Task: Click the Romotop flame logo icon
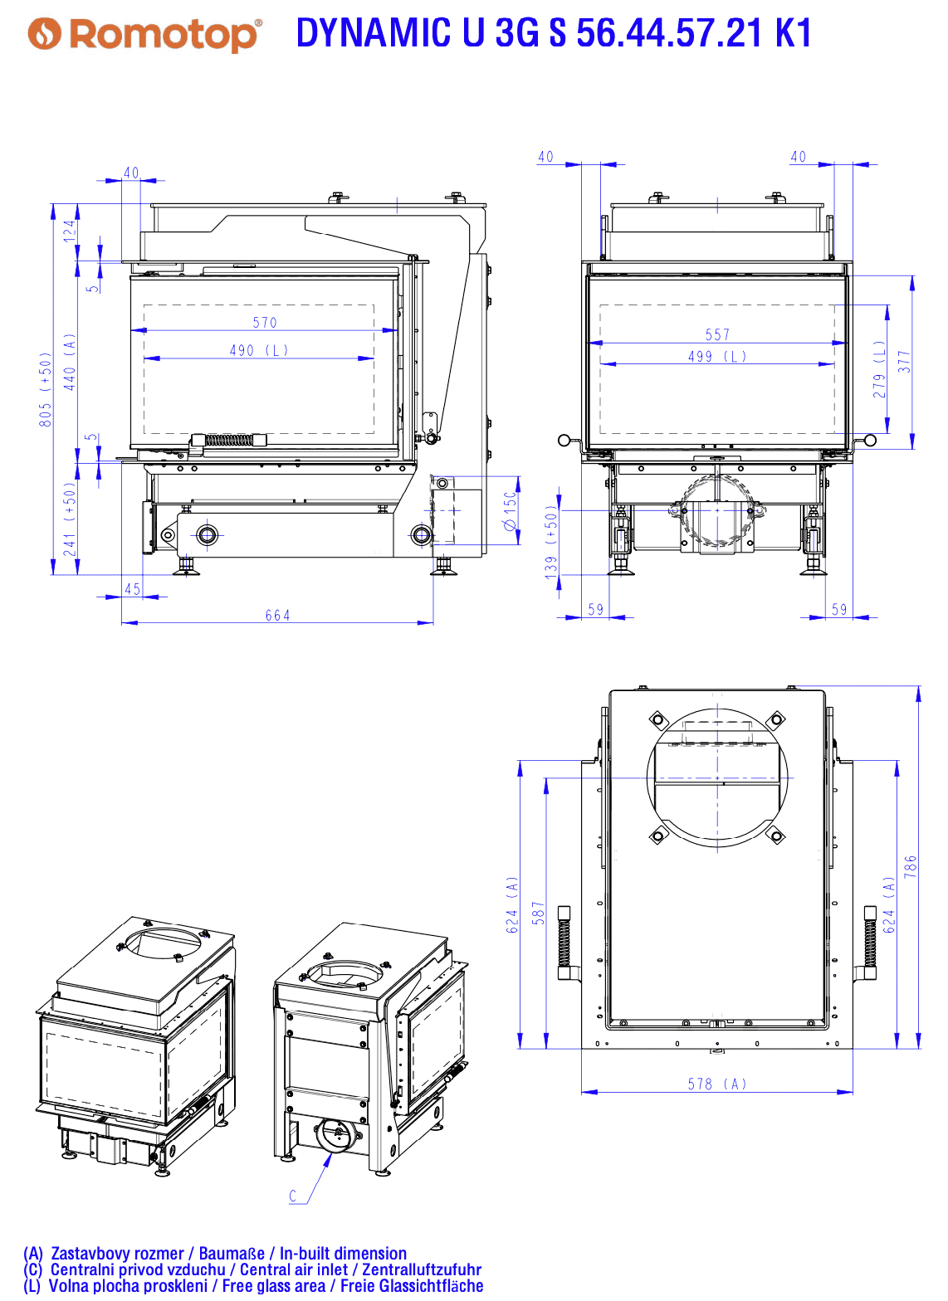[x=44, y=34]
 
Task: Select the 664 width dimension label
[x=277, y=615]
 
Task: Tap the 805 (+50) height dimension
[x=46, y=389]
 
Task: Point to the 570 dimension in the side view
[x=265, y=322]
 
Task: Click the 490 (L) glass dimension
[x=259, y=350]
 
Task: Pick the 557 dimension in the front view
[x=717, y=334]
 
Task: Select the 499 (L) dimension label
[x=717, y=357]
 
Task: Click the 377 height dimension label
[x=904, y=361]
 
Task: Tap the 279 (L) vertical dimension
[x=879, y=369]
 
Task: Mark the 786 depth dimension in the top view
[x=910, y=866]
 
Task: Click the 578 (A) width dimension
[x=717, y=1084]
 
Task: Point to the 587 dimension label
[x=539, y=913]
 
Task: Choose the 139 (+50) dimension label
[x=551, y=542]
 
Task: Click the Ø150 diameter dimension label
[x=510, y=511]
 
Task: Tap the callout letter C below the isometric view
[x=293, y=1196]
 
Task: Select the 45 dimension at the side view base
[x=133, y=589]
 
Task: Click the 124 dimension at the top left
[x=70, y=231]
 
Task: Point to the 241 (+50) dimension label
[x=70, y=519]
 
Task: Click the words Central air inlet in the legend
[x=294, y=1270]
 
